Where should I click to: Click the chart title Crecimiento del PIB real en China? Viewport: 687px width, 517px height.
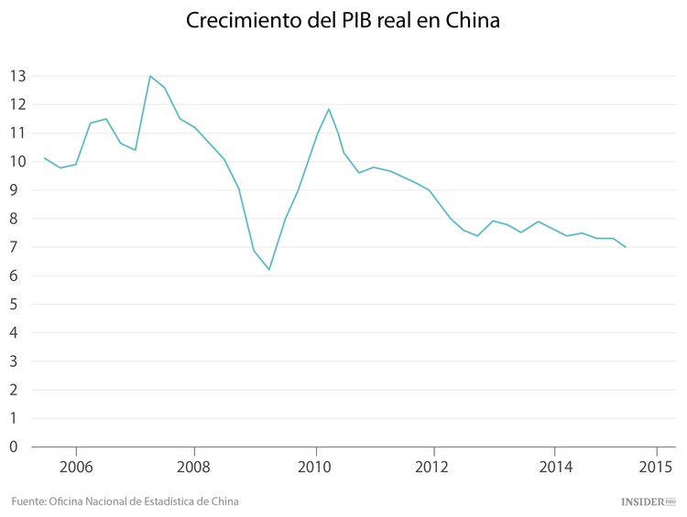pyautogui.click(x=343, y=21)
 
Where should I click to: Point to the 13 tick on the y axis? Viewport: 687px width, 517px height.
pyautogui.click(x=16, y=76)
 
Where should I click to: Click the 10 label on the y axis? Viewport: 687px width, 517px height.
pyautogui.click(x=16, y=161)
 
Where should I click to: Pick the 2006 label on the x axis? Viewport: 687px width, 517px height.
pyautogui.click(x=76, y=465)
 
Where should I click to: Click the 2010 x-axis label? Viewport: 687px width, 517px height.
pyautogui.click(x=316, y=465)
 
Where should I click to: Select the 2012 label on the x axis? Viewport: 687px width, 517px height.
pyautogui.click(x=433, y=465)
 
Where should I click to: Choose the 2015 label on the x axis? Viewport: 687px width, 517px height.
pyautogui.click(x=656, y=465)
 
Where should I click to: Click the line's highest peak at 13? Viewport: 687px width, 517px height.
pyautogui.click(x=150, y=76)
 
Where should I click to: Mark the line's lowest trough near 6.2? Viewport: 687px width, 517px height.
pyautogui.click(x=269, y=269)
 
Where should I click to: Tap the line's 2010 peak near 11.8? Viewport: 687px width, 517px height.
pyautogui.click(x=328, y=109)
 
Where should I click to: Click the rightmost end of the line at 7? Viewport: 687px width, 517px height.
pyautogui.click(x=626, y=247)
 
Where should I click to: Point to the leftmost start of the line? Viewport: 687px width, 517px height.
pyautogui.click(x=45, y=158)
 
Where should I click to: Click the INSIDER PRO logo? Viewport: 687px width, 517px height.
pyautogui.click(x=648, y=501)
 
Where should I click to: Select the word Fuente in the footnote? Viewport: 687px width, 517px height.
pyautogui.click(x=28, y=501)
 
